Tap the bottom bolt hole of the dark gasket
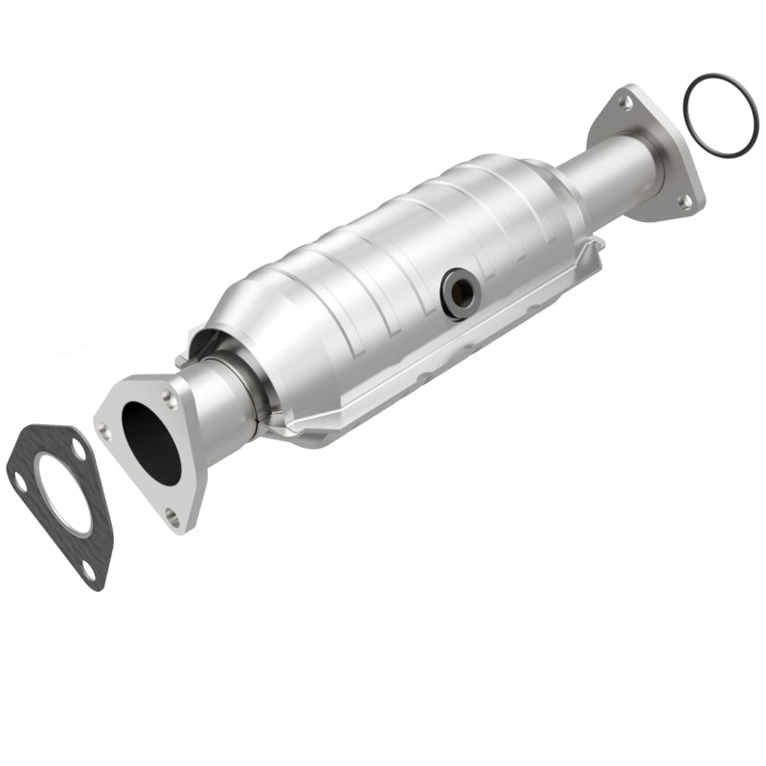pos(88,571)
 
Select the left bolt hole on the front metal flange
pos(105,432)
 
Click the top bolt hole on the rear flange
pos(624,101)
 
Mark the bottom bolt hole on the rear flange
pos(686,200)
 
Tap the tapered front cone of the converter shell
pos(239,316)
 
